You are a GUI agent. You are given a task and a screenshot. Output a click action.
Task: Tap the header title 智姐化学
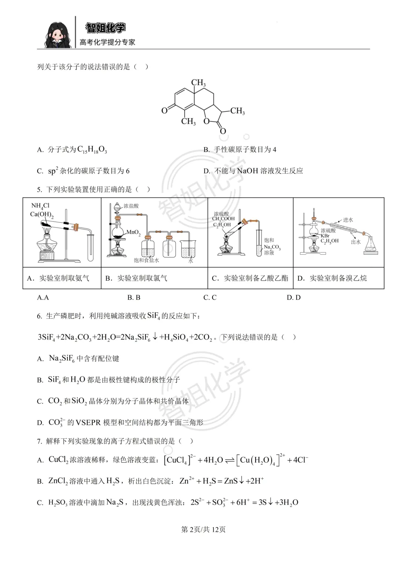(106, 28)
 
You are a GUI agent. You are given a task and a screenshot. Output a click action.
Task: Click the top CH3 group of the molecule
(198, 83)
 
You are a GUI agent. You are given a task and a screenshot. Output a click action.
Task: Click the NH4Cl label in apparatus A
(40, 206)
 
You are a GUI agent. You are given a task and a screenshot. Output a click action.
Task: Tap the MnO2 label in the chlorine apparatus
(133, 232)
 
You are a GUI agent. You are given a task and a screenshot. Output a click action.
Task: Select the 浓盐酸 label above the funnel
(131, 206)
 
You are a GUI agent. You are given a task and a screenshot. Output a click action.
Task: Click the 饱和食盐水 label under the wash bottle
(147, 260)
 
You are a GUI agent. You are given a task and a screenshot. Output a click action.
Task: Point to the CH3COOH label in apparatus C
(223, 219)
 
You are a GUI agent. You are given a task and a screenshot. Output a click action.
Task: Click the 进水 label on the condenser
(348, 220)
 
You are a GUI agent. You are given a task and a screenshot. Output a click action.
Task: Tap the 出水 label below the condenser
(356, 242)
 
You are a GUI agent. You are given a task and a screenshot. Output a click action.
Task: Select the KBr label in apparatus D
(325, 236)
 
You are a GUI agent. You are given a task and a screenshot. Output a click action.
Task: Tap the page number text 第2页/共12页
(203, 530)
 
